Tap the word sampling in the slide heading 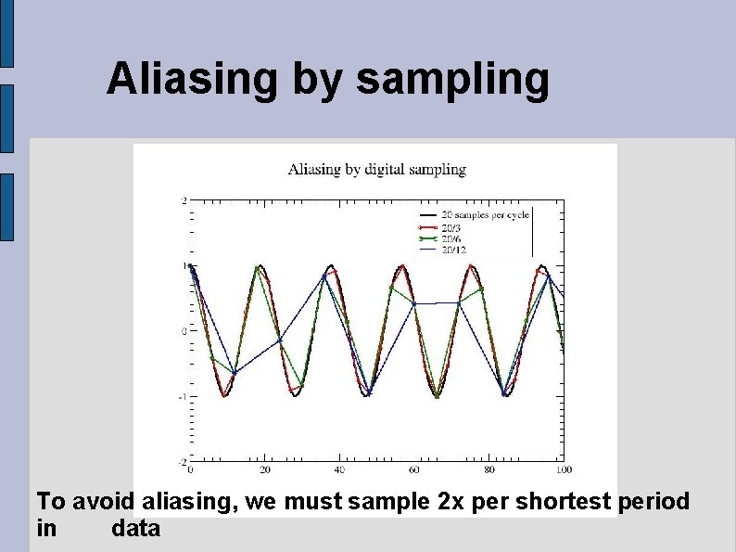[x=452, y=81]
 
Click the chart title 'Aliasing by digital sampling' [x=376, y=169]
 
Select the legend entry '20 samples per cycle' [x=484, y=214]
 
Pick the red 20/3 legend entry [x=452, y=226]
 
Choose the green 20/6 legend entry [x=452, y=237]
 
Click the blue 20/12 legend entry [x=454, y=249]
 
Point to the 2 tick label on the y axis [x=184, y=200]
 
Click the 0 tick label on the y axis [x=184, y=331]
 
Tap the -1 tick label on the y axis [x=183, y=396]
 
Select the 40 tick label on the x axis [x=339, y=470]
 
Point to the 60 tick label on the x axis [x=414, y=470]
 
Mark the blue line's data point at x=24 [x=280, y=340]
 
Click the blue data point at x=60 [x=414, y=303]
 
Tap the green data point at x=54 [x=392, y=287]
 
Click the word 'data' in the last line [x=135, y=530]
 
